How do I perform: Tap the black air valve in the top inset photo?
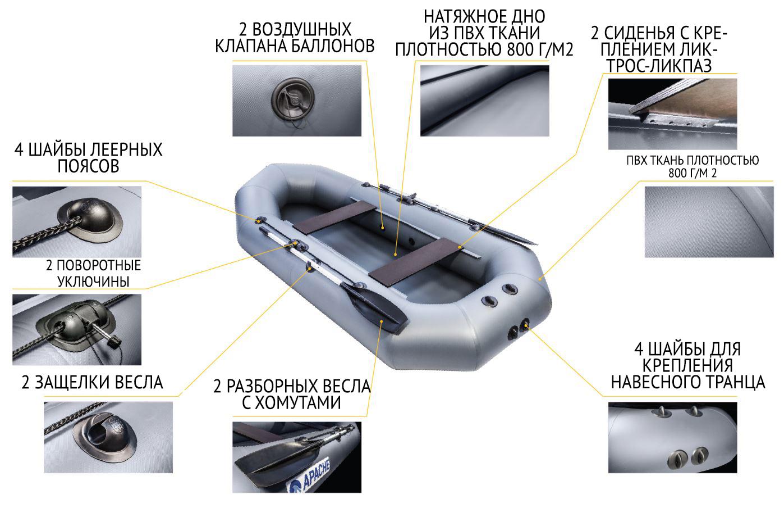coord(294,99)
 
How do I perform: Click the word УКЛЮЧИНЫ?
coord(94,282)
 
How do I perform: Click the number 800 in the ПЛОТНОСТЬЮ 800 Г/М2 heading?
coord(520,49)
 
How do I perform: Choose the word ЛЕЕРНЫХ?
coord(126,149)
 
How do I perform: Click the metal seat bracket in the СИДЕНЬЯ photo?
coord(677,121)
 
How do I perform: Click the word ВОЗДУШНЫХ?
coord(302,29)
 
